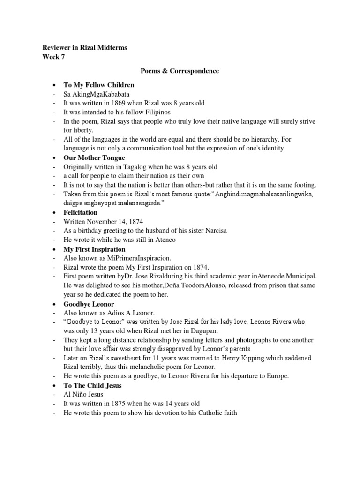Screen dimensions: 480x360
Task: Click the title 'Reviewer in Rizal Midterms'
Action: (x=84, y=48)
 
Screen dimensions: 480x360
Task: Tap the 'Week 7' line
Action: (x=54, y=57)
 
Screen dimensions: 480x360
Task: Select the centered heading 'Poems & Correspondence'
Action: (x=180, y=71)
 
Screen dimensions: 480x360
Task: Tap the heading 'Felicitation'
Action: (x=81, y=212)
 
